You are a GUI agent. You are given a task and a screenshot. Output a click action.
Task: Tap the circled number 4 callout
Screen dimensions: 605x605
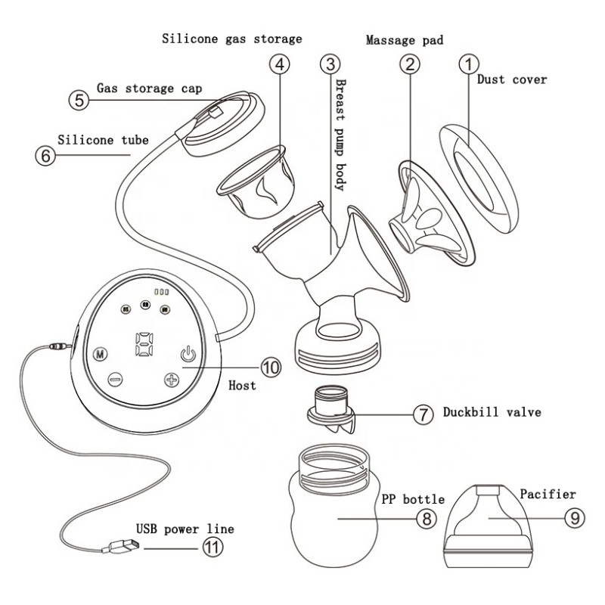coord(280,66)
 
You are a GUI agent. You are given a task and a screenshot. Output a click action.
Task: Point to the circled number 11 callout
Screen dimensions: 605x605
coord(213,548)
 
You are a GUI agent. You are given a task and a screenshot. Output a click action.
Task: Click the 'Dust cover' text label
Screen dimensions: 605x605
coord(512,79)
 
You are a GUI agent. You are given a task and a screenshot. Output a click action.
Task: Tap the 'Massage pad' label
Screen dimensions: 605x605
coord(404,39)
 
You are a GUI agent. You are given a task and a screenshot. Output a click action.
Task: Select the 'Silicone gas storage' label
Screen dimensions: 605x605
coord(232,38)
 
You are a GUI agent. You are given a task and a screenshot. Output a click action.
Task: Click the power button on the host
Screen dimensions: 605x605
coord(189,353)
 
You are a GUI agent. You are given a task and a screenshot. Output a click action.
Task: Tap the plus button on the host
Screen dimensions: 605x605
coord(171,380)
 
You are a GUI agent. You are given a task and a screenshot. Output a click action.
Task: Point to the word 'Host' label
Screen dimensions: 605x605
coord(242,385)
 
